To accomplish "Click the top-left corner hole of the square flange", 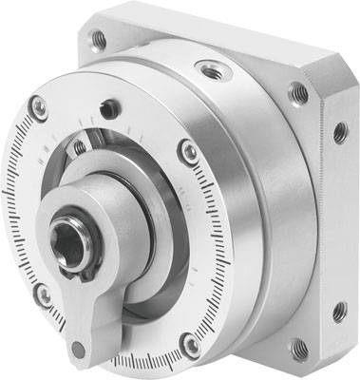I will tap(97, 39).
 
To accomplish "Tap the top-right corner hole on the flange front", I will tap(299, 92).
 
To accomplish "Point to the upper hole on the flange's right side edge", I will tap(339, 132).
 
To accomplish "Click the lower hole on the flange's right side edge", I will tap(337, 309).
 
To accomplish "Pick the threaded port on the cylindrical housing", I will tap(207, 68).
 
